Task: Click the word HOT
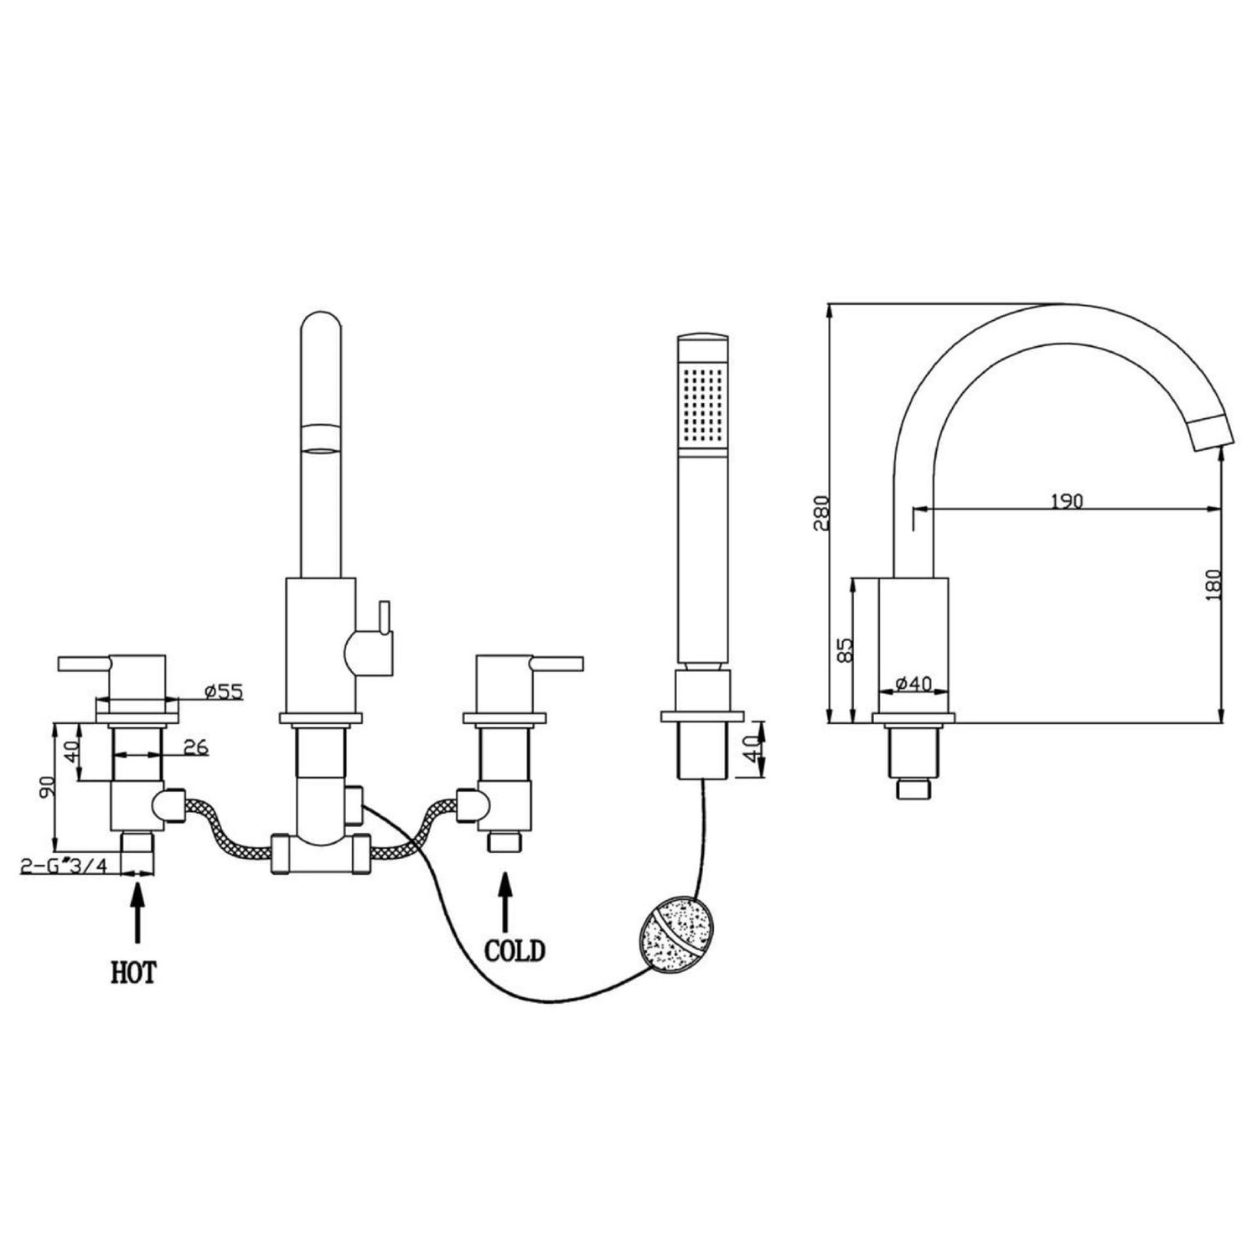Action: point(134,973)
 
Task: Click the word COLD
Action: point(515,951)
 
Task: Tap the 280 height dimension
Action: point(820,513)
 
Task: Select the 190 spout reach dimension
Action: point(1066,501)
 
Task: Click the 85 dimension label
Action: point(845,650)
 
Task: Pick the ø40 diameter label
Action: point(913,684)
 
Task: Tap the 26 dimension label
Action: point(195,747)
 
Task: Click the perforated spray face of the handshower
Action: point(702,402)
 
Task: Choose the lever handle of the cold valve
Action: point(552,664)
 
